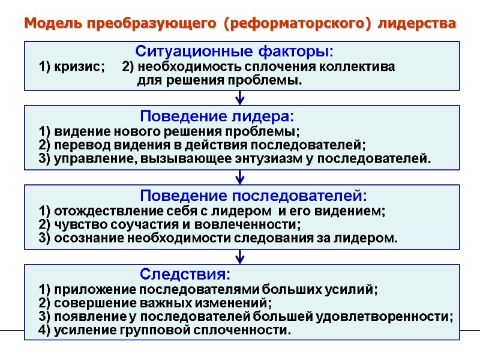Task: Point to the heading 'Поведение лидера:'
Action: tap(217, 115)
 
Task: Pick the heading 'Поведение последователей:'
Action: tap(253, 196)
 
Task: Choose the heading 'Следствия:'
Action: tap(185, 275)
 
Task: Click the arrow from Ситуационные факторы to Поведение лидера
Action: tap(240, 98)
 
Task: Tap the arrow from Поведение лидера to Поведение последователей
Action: tap(240, 177)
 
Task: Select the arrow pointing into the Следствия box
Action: tap(240, 257)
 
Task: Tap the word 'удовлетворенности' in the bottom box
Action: tap(401, 316)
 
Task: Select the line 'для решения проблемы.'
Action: tap(220, 80)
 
